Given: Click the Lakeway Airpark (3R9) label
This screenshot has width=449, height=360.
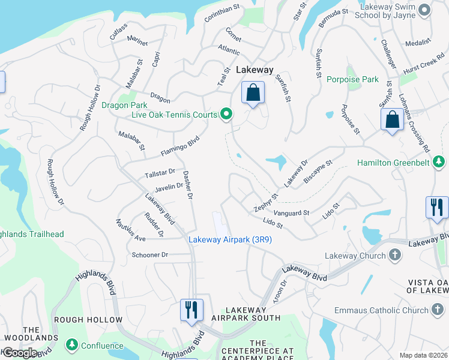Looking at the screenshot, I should (230, 239).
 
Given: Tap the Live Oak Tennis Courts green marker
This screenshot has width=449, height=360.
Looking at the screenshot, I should (226, 113).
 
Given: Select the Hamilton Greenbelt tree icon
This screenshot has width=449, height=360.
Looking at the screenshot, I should (439, 162).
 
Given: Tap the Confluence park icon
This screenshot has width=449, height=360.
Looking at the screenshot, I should (72, 345).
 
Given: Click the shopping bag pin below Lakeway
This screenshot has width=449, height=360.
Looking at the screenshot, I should (253, 93).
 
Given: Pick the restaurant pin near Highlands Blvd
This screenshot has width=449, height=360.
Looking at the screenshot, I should (192, 310).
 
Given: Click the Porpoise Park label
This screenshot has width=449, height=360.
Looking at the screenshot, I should (353, 79).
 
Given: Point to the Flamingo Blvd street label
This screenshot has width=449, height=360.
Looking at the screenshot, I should (179, 146).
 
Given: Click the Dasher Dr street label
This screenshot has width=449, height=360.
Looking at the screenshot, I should (187, 183).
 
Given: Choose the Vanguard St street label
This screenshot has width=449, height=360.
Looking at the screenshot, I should (291, 212).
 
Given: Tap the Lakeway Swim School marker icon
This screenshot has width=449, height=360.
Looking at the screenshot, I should (425, 10).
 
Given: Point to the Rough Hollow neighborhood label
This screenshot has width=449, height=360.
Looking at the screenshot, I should (88, 320).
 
